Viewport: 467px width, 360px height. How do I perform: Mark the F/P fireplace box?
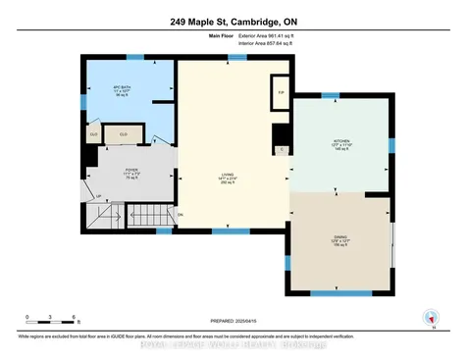[x=280, y=91]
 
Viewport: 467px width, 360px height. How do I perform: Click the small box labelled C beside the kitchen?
[x=282, y=150]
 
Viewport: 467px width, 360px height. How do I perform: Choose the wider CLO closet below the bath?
[x=125, y=134]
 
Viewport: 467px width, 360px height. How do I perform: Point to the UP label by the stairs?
[x=98, y=197]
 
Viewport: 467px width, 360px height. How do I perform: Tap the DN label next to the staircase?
[x=180, y=214]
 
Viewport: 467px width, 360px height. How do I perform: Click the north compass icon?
[x=428, y=317]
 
